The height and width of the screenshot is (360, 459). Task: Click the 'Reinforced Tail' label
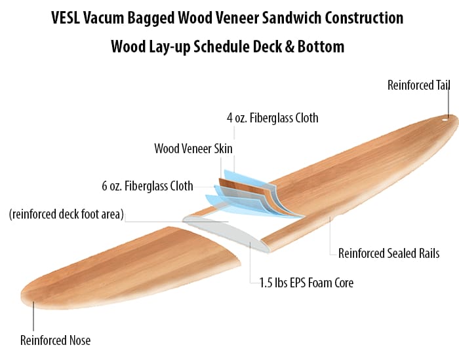[418, 85]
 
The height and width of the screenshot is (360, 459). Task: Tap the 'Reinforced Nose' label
[55, 340]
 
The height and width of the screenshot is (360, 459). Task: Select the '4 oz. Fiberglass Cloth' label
[272, 118]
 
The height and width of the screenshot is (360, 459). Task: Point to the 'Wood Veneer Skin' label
[193, 149]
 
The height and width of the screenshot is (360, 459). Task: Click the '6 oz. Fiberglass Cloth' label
[148, 186]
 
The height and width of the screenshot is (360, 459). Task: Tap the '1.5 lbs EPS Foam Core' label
[302, 283]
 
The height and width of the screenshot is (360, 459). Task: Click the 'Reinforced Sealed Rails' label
[389, 253]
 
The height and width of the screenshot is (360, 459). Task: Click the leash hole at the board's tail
[445, 118]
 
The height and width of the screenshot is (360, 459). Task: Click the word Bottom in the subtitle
[322, 47]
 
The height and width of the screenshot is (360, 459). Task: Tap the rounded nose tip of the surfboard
[26, 294]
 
